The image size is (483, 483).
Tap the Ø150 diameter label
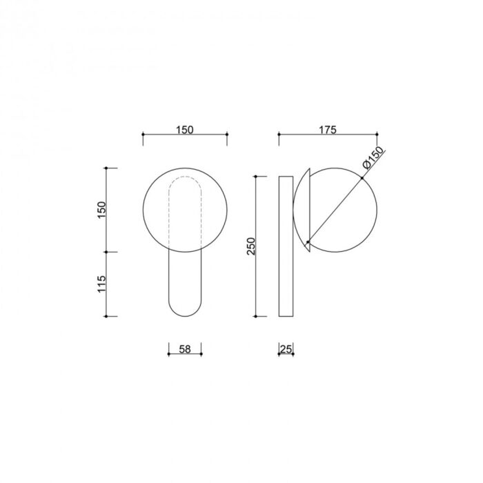click(x=373, y=160)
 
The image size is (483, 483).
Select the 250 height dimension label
click(x=251, y=246)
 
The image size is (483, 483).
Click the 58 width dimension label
click(x=185, y=349)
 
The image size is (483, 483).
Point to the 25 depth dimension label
click(x=286, y=349)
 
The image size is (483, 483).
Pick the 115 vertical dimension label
click(x=101, y=284)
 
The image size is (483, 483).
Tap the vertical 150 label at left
click(x=101, y=210)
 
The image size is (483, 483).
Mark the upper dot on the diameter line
click(x=361, y=179)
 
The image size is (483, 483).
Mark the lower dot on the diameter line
click(x=308, y=241)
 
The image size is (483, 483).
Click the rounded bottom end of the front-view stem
click(x=185, y=310)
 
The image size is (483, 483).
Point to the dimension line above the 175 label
click(x=328, y=136)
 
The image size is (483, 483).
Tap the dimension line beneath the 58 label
click(x=185, y=355)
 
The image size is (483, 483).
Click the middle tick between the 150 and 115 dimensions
click(x=107, y=252)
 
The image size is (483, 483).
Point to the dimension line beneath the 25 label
click(x=286, y=355)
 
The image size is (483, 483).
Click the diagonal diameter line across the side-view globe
click(x=335, y=210)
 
